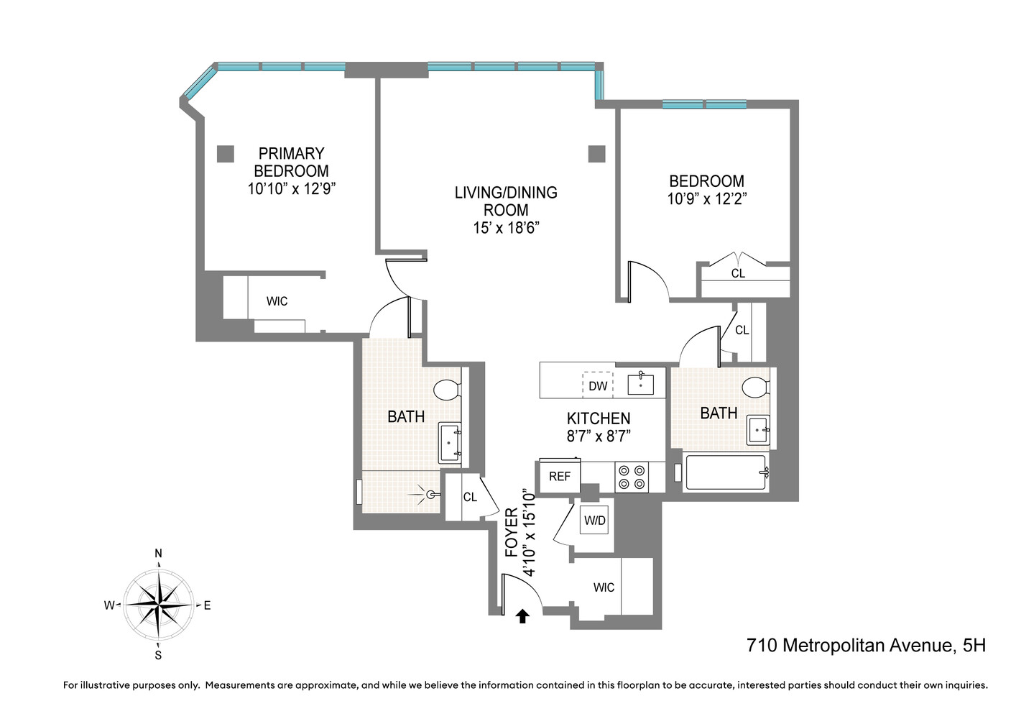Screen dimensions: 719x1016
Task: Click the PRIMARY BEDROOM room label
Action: (x=291, y=162)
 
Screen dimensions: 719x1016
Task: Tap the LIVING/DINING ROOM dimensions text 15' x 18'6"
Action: (x=506, y=228)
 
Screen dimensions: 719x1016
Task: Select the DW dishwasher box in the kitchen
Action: (x=597, y=385)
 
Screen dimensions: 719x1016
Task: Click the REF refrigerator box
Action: (x=559, y=477)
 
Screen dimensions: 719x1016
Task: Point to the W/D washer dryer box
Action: (x=594, y=521)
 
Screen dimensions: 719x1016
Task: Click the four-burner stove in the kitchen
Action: (x=632, y=477)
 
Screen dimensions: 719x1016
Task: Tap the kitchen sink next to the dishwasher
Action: (x=640, y=384)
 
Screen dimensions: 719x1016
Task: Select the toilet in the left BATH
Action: (x=448, y=390)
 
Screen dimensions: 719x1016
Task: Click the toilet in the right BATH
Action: (x=756, y=388)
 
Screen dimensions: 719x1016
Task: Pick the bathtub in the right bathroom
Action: (x=726, y=472)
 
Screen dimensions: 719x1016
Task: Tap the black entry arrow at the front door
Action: (x=522, y=615)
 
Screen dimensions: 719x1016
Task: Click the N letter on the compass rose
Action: (x=158, y=554)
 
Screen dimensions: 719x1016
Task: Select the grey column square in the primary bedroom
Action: (x=226, y=153)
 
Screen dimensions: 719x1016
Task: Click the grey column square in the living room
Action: (x=596, y=153)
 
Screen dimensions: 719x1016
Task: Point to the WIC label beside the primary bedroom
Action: (x=277, y=301)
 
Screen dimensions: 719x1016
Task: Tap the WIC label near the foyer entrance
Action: (x=604, y=587)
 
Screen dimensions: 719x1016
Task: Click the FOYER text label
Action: (x=512, y=532)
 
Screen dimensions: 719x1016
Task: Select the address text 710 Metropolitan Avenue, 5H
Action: (x=866, y=645)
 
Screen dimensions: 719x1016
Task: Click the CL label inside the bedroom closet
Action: (x=738, y=273)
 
